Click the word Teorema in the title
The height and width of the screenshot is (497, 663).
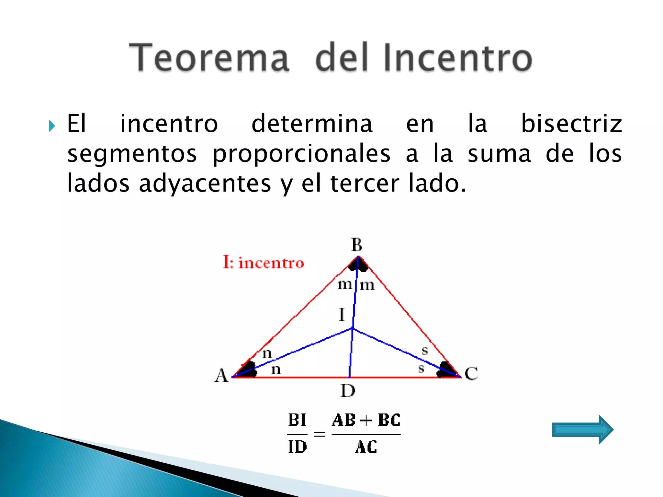[x=209, y=58]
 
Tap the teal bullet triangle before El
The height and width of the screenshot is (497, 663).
[x=52, y=126]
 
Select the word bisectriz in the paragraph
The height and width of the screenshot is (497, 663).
[x=571, y=124]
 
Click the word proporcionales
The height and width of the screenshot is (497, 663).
[x=301, y=154]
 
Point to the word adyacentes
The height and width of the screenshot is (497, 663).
[x=205, y=183]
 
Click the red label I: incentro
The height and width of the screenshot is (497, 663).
[x=264, y=262]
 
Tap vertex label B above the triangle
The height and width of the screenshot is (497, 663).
[x=357, y=245]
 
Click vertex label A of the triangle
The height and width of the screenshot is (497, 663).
[x=221, y=376]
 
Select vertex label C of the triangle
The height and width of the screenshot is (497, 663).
[x=471, y=373]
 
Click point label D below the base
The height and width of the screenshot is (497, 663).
[x=348, y=391]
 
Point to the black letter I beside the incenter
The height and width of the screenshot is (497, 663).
[x=342, y=315]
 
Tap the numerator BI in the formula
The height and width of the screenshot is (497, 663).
[x=297, y=420]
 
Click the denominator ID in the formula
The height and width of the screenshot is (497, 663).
[x=297, y=447]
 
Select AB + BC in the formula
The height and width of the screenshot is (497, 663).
[x=366, y=420]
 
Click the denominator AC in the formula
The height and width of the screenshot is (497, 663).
[x=366, y=447]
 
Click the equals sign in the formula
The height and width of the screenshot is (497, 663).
[x=319, y=434]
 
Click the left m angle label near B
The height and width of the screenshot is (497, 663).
[x=344, y=285]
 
